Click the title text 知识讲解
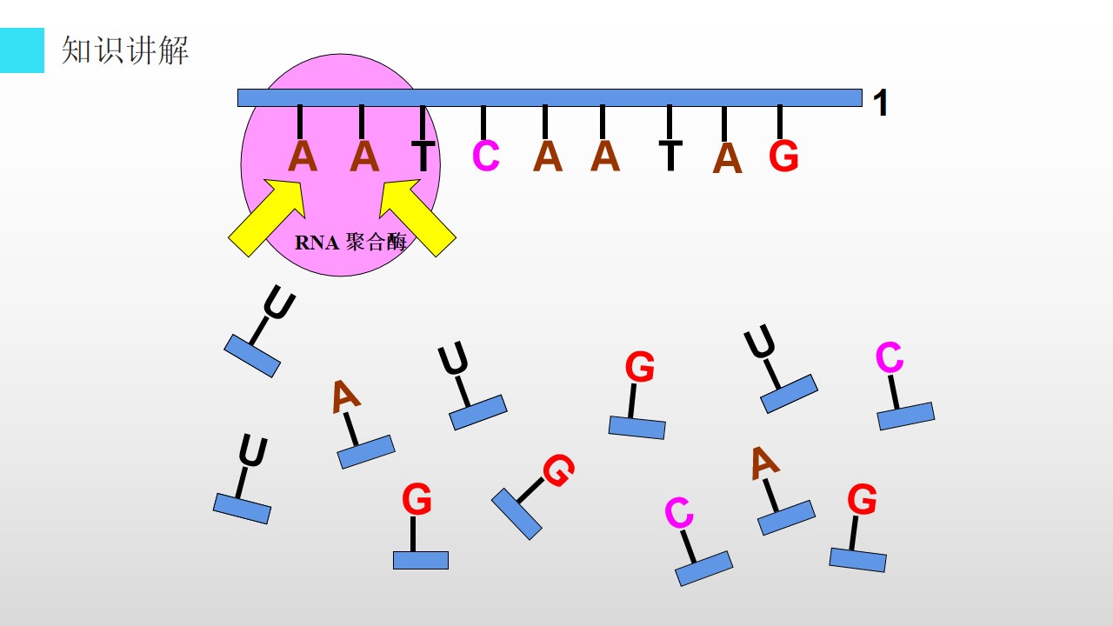[x=124, y=50]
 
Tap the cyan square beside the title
[x=22, y=50]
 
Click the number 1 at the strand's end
[x=880, y=103]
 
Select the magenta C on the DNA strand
[x=485, y=156]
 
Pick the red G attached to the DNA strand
[x=783, y=156]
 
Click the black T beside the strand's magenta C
[x=423, y=156]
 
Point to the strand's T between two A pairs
[x=670, y=156]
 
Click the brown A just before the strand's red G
[x=727, y=158]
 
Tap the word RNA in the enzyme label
[x=317, y=243]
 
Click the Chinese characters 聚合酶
[x=377, y=242]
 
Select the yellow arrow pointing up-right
[x=267, y=217]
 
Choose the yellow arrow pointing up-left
[x=417, y=217]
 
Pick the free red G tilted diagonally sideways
[x=558, y=470]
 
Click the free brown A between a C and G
[x=764, y=463]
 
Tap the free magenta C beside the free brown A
[x=679, y=512]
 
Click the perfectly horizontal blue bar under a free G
[x=421, y=560]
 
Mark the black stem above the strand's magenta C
[x=483, y=123]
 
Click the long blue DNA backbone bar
[x=550, y=98]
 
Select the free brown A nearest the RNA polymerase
[x=346, y=396]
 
